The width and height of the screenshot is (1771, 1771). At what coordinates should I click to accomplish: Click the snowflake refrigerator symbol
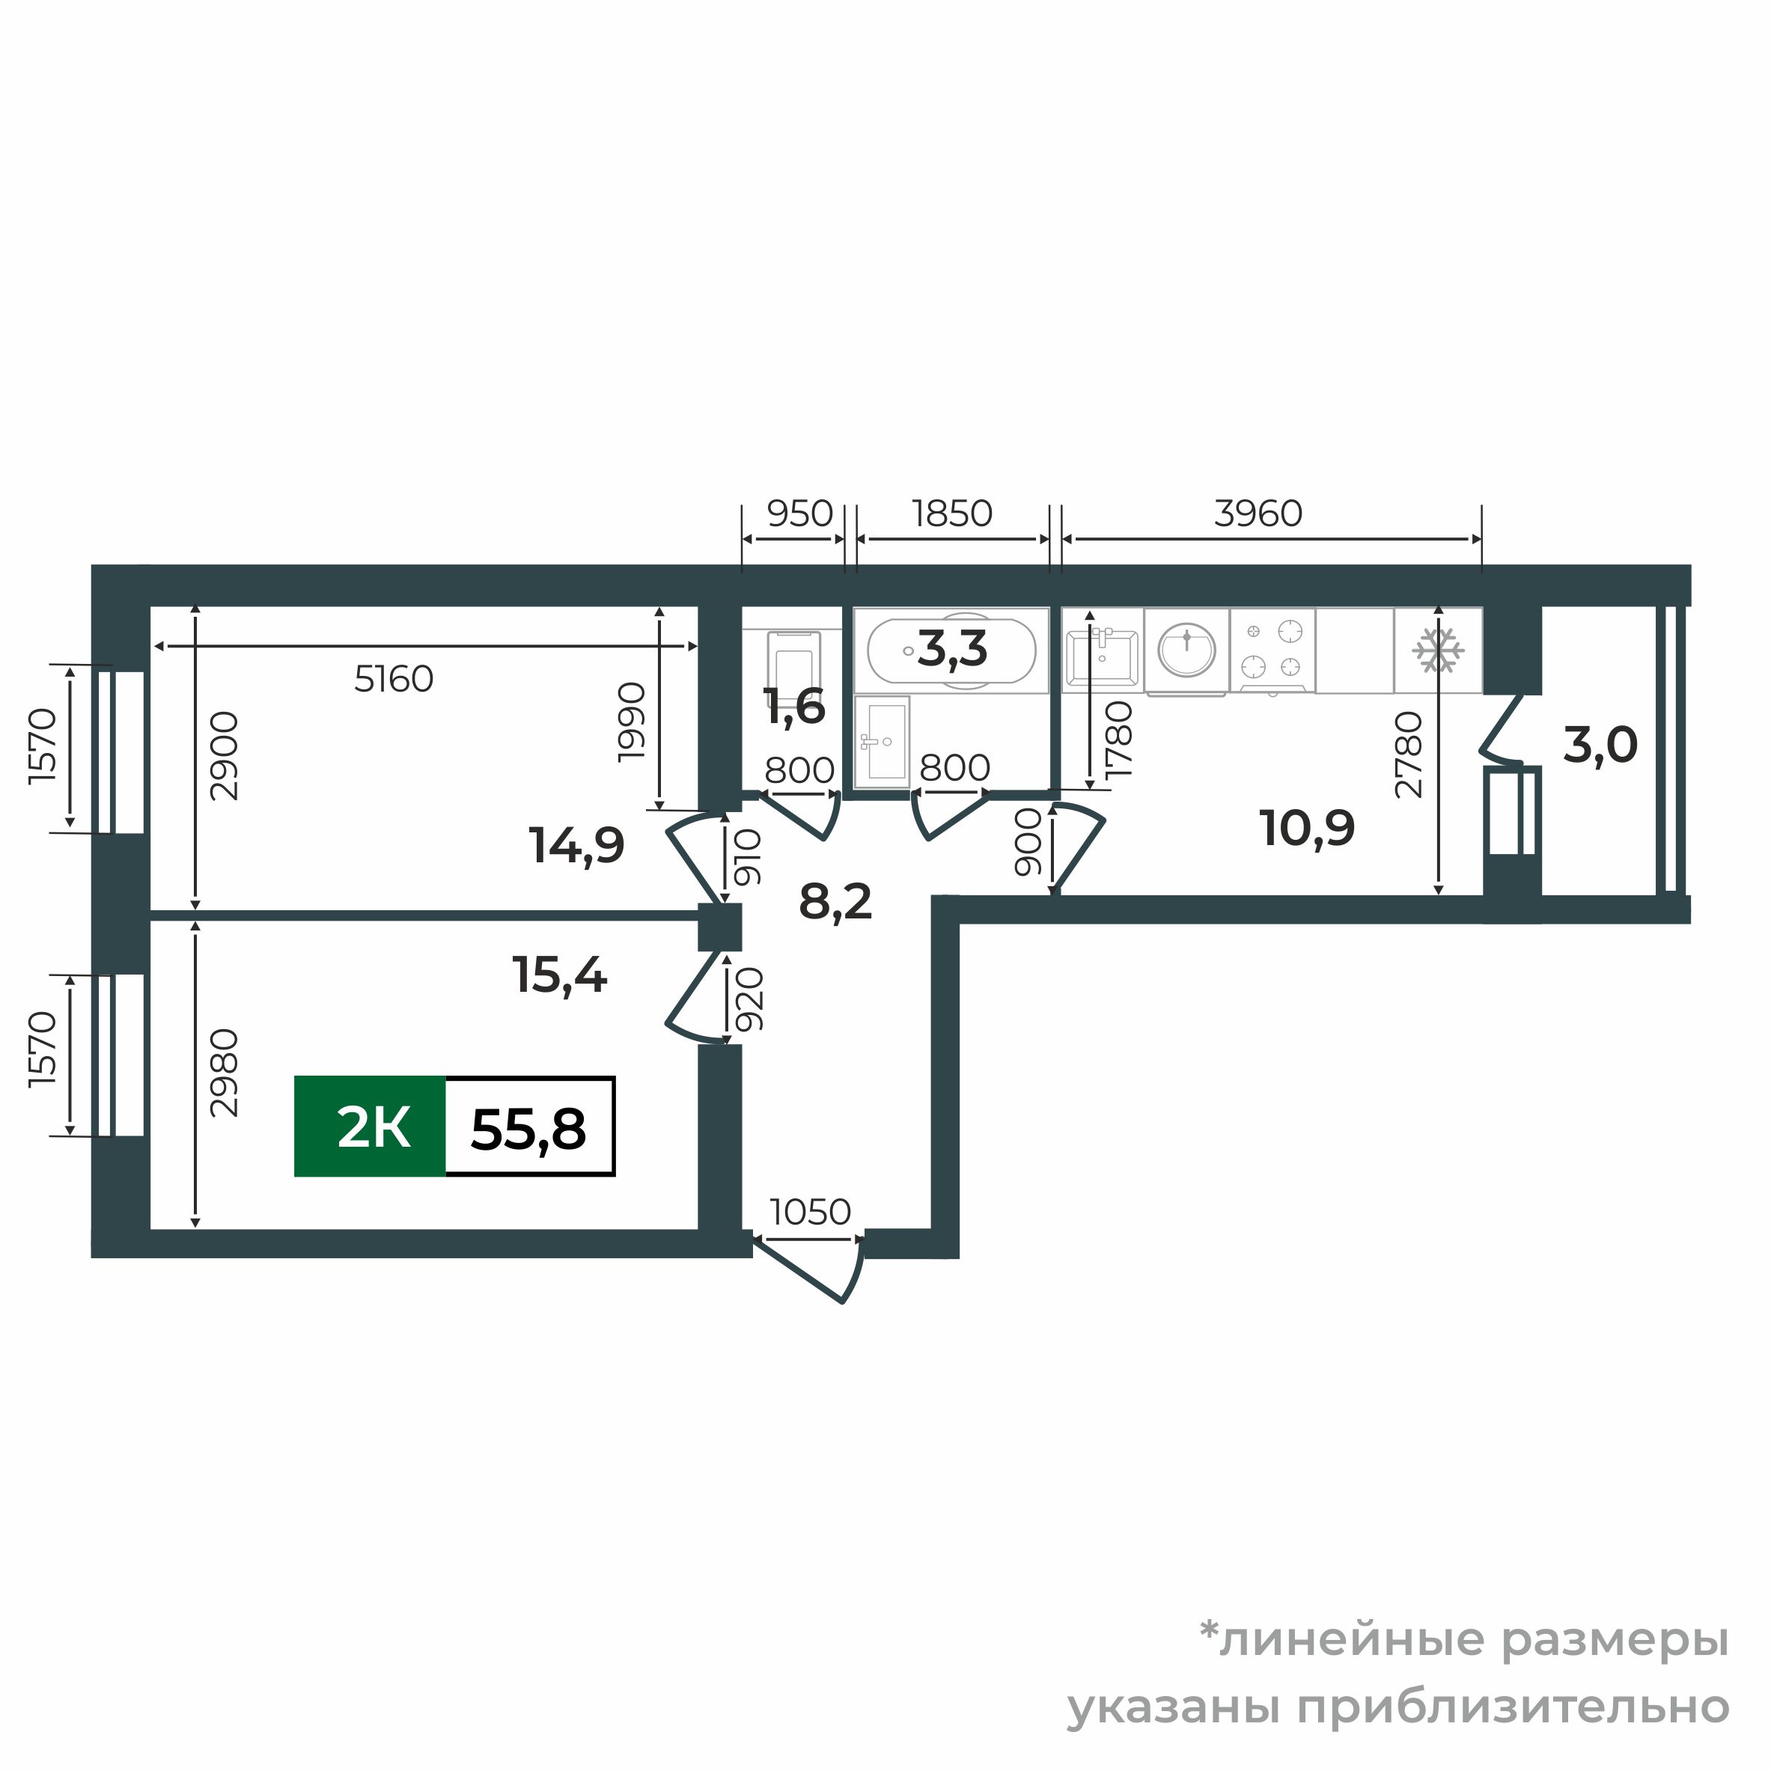point(1437,650)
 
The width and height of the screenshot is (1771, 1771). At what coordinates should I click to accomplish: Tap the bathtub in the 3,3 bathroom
point(951,650)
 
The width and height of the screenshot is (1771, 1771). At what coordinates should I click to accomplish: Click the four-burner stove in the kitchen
point(1272,649)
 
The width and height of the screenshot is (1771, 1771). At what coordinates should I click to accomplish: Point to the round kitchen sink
point(1186,649)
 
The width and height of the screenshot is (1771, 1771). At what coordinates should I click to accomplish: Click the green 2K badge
point(371,1127)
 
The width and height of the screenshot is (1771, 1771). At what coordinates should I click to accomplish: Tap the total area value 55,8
point(529,1129)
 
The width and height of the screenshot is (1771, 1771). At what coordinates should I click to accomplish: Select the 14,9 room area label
point(576,845)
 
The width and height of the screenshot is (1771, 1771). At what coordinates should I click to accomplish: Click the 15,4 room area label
point(559,975)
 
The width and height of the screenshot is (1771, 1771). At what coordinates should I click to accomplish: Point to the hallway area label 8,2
point(835,902)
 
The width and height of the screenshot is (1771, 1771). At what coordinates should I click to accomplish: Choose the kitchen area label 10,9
point(1307,829)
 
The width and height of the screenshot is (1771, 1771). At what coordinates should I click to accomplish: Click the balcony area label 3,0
point(1600,746)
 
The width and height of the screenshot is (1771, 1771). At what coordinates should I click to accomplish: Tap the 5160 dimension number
point(393,679)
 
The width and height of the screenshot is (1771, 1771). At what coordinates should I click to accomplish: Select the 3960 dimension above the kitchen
point(1258,513)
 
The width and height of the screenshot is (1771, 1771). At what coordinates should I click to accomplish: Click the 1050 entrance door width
point(811,1212)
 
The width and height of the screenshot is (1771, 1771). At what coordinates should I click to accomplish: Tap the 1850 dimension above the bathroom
point(952,513)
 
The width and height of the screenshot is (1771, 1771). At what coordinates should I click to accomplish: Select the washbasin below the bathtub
point(882,743)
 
